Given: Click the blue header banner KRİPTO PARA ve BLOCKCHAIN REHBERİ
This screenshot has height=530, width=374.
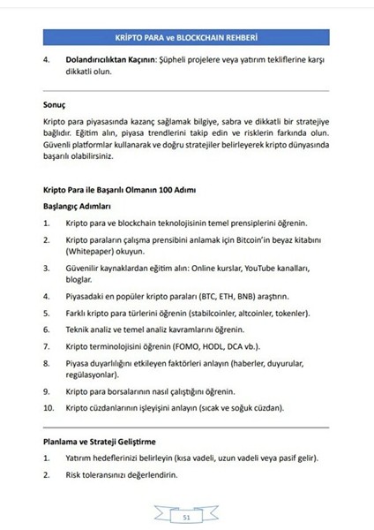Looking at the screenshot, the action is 186,41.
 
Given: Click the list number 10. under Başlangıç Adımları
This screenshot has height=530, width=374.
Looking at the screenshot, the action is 49,408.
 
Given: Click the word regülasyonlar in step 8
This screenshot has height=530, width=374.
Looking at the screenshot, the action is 93,374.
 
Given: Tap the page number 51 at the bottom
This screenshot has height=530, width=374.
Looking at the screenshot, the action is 186,517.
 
